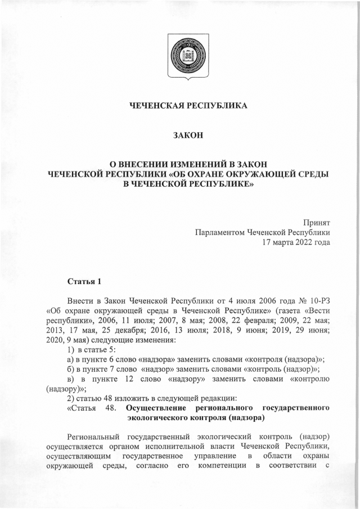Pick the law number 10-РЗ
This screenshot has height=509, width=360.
click(318, 301)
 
